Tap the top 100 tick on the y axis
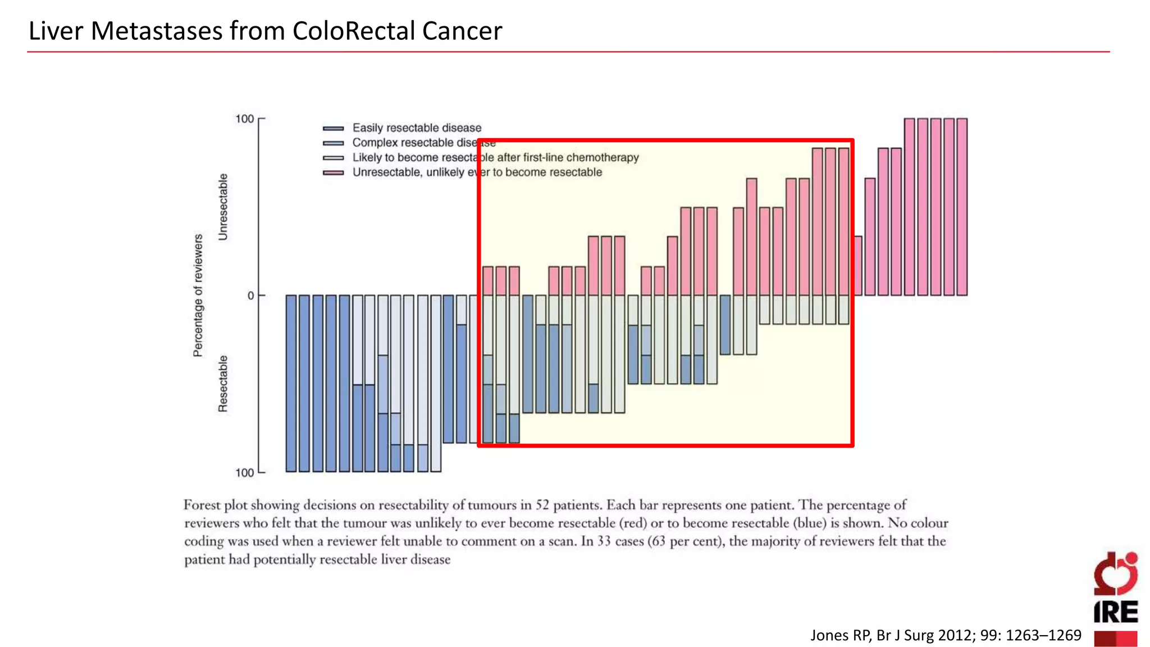coord(245,119)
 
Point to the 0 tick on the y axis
coord(251,296)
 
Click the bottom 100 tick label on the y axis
coord(245,473)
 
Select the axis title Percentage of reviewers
coord(198,295)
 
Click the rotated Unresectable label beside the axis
coord(223,207)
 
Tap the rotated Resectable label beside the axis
coord(223,384)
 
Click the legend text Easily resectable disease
coord(417,128)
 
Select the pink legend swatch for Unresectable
coord(334,173)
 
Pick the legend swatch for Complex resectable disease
coord(334,143)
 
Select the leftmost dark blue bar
coord(291,383)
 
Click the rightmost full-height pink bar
coord(962,207)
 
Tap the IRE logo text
coord(1115,612)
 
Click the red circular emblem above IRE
coord(1115,574)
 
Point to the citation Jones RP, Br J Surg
coord(946,635)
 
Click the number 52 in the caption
coord(542,505)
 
